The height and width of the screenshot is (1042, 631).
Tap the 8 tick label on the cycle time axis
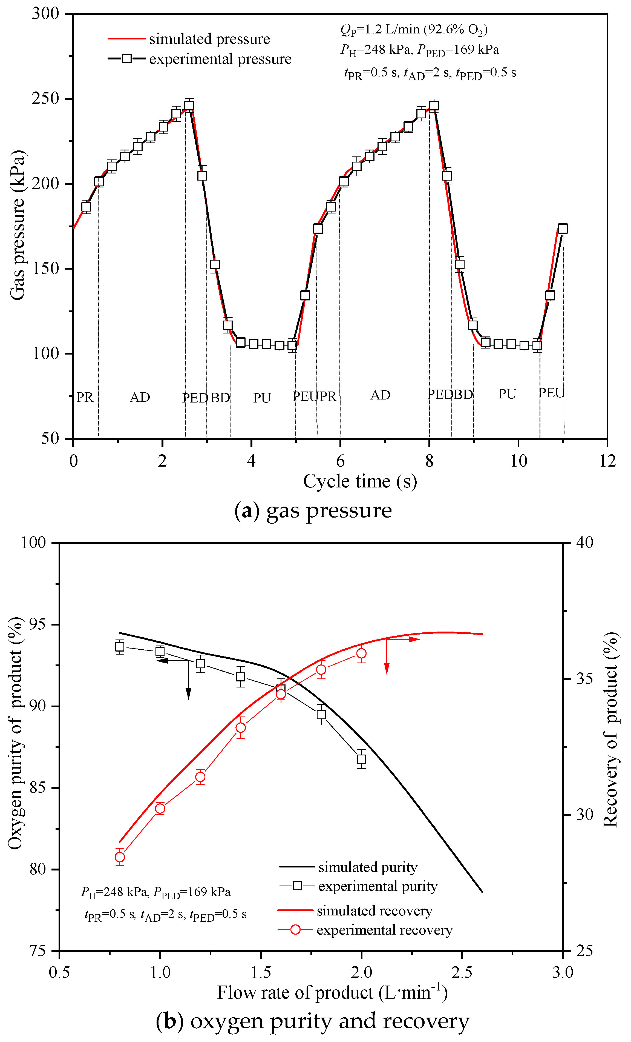(x=430, y=461)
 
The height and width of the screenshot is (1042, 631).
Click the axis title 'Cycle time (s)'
(x=360, y=481)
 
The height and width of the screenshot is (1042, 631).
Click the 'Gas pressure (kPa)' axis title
(x=18, y=225)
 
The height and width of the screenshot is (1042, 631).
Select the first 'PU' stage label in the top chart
(x=262, y=398)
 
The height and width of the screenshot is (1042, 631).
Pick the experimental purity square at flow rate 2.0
(x=361, y=759)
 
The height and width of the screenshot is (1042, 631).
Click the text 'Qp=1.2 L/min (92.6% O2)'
(x=414, y=30)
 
